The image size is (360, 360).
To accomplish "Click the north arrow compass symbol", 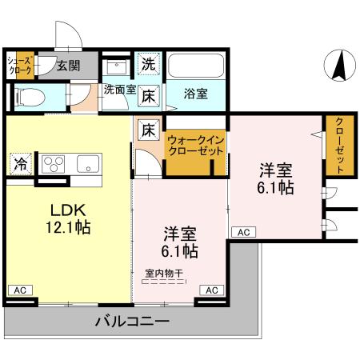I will [339, 64].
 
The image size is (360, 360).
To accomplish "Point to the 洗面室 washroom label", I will [118, 90].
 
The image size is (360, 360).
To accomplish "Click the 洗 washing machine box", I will [149, 63].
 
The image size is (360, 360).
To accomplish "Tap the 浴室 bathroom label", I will [197, 94].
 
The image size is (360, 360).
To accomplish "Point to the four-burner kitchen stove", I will [53, 163].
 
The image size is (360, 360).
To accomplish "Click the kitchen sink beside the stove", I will [86, 163].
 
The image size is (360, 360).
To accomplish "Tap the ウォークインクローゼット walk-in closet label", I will [197, 146].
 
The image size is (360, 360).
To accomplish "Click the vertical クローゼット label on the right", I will [339, 145].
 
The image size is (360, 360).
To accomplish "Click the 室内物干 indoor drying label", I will [163, 273].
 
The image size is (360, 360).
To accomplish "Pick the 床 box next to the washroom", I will [149, 96].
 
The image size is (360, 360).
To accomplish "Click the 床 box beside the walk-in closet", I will [149, 129].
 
